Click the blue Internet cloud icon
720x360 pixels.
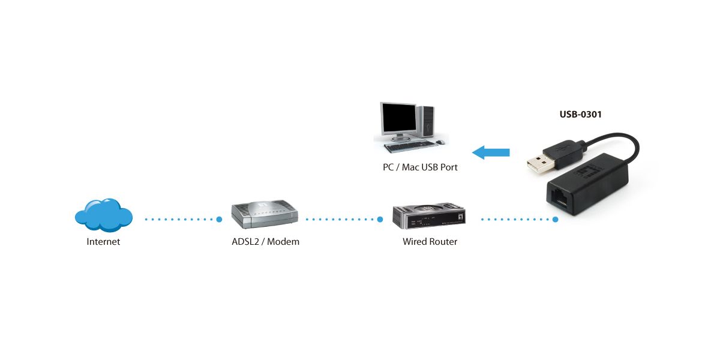click(x=104, y=215)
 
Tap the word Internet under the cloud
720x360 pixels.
click(x=103, y=242)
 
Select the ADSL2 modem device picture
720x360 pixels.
click(x=265, y=214)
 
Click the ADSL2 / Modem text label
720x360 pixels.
click(x=265, y=242)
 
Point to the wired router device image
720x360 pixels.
click(x=430, y=217)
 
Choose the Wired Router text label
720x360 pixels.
click(x=430, y=242)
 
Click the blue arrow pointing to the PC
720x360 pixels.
click(x=490, y=152)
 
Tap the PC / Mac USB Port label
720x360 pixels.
click(x=420, y=167)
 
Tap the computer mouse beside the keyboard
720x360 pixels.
click(x=440, y=142)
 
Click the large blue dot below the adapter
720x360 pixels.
click(x=556, y=220)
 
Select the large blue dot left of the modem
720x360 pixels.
click(x=220, y=220)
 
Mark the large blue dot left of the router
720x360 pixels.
click(x=380, y=220)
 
